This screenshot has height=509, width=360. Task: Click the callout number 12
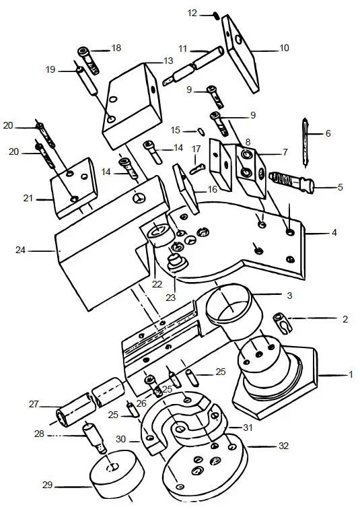[192, 13]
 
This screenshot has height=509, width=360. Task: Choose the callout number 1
[349, 374]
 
